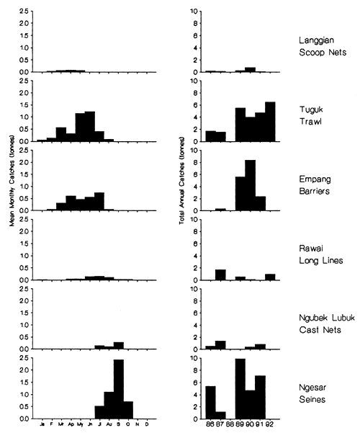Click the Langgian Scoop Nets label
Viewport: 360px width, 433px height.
319,47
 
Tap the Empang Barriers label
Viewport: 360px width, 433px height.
315,186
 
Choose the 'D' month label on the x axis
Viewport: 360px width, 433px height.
148,424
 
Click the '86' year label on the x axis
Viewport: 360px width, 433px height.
210,425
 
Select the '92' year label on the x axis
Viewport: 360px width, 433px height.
270,425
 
